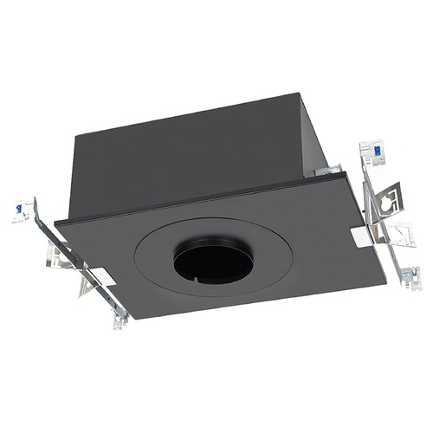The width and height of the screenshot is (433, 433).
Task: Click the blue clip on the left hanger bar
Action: [16, 208]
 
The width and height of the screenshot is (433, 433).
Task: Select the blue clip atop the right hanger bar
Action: [377, 152]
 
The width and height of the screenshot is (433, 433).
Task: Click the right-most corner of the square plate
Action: [385, 281]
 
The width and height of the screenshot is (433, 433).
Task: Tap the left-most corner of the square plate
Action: [55, 222]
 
